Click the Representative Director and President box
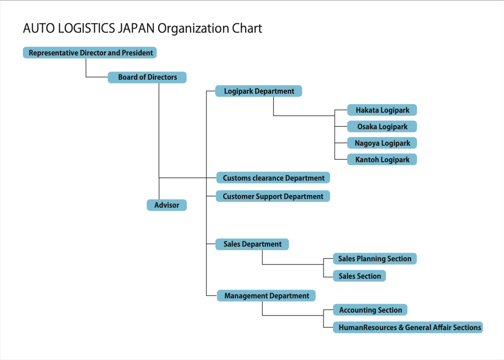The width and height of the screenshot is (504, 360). [90, 53]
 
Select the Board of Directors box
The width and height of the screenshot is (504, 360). [147, 77]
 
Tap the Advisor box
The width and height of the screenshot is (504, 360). [167, 205]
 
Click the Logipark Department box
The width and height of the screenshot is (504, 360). [259, 91]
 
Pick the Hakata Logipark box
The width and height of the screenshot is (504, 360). [382, 110]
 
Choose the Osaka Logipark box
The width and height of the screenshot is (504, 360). [382, 127]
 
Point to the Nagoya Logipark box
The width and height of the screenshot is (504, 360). [382, 143]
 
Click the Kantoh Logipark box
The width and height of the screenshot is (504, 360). [382, 160]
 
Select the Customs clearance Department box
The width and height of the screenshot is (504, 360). [273, 178]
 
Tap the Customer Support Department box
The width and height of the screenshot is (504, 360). [273, 196]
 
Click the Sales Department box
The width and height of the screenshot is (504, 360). [252, 244]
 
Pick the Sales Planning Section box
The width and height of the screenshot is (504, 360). [375, 259]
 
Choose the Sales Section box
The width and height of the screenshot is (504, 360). [359, 276]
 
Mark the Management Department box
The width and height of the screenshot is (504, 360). [266, 296]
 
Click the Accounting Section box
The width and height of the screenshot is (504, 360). [370, 310]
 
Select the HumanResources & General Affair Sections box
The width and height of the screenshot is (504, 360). [408, 328]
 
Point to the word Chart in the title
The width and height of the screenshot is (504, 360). [247, 29]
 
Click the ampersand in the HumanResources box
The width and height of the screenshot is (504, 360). [401, 328]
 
